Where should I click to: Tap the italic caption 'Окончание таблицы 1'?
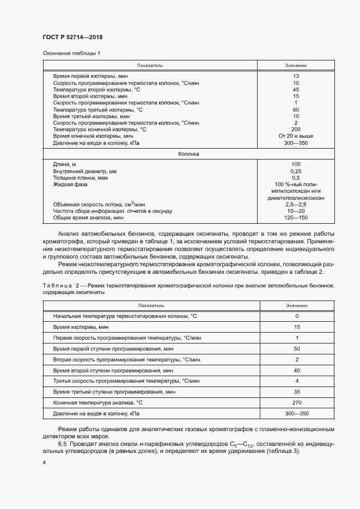point(71,53)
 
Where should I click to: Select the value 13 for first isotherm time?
point(296,76)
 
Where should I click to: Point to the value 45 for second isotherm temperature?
point(296,89)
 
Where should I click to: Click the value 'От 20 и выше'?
point(296,136)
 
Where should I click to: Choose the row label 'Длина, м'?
point(65,164)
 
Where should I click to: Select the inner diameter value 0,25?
point(296,171)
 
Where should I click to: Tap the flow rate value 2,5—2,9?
point(296,204)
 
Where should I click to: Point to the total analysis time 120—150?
point(296,218)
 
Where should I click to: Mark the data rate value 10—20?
point(296,211)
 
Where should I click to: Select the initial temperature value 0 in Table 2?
point(297,316)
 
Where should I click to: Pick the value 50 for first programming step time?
point(297,348)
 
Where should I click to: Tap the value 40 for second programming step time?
point(297,370)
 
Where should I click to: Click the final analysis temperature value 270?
point(297,402)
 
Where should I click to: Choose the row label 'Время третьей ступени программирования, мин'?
point(114,391)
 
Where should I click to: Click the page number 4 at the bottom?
point(44,462)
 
